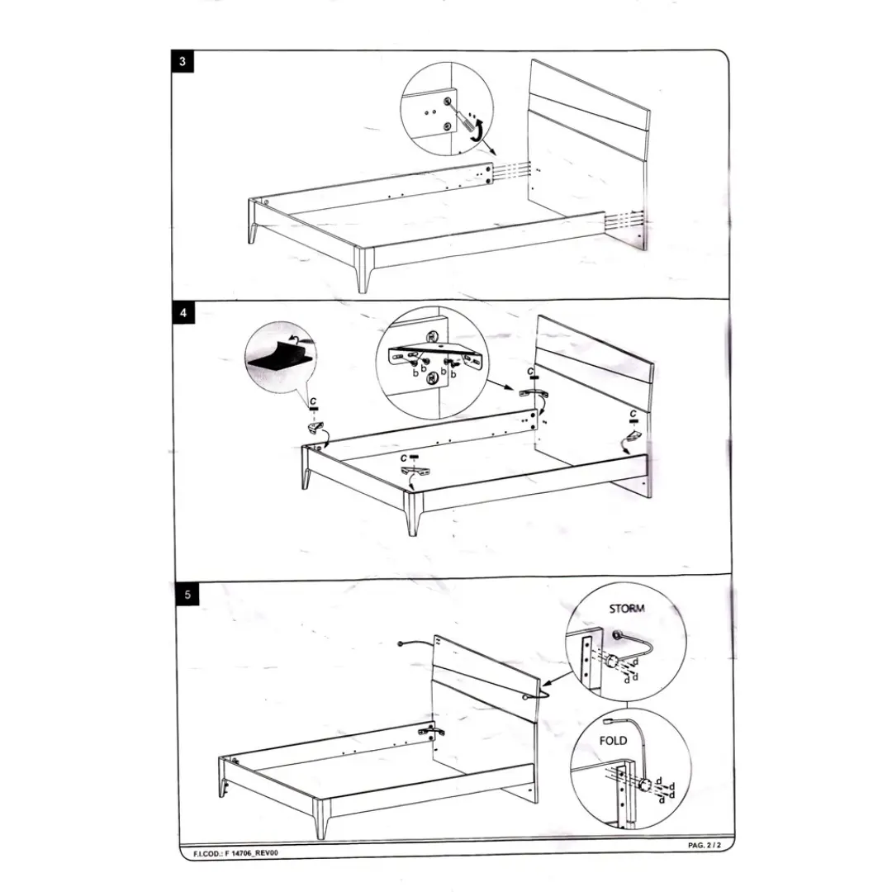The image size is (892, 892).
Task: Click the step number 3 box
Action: click(182, 61)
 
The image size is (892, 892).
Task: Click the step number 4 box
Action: click(183, 313)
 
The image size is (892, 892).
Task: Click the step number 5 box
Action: click(187, 595)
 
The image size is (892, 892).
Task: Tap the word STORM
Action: click(627, 609)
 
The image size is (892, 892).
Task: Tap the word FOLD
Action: click(613, 741)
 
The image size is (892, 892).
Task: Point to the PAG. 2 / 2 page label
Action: click(705, 846)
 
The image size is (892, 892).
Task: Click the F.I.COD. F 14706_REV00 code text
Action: click(236, 853)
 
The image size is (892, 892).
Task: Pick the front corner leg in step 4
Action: click(413, 513)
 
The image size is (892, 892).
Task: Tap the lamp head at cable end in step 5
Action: click(401, 644)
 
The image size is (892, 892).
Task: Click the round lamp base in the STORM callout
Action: click(612, 662)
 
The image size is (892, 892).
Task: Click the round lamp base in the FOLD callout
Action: click(645, 785)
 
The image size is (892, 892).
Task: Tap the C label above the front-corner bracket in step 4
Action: click(403, 458)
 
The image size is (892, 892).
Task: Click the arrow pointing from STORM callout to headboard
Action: click(557, 677)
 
